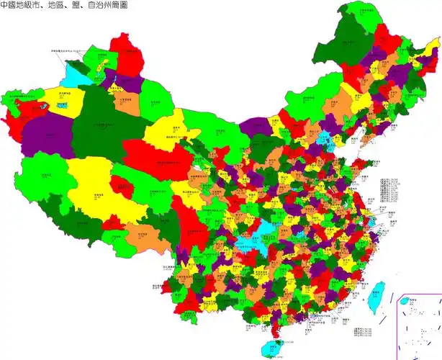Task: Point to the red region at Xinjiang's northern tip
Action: [124, 52]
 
